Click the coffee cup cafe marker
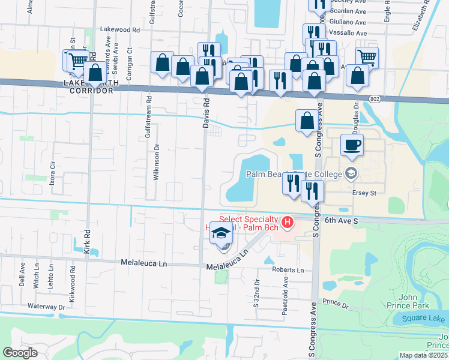click(352, 145)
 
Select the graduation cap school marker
click(220, 233)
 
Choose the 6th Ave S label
click(341, 221)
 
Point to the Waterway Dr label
click(46, 307)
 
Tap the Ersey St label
click(363, 193)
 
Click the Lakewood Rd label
click(119, 29)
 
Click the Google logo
click(20, 352)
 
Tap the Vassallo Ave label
click(349, 33)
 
